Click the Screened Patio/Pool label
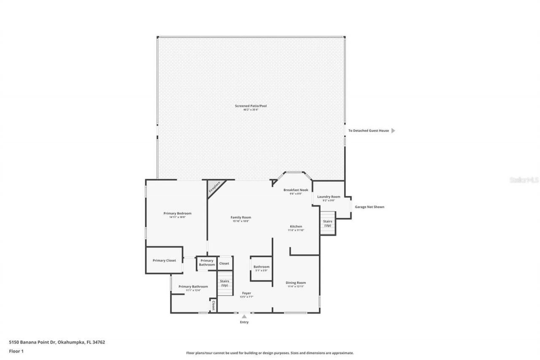251,106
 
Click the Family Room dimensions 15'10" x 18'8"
240,222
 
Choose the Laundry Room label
329,197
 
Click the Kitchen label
296,226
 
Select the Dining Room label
296,282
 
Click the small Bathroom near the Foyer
261,268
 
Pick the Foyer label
246,293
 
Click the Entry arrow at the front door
244,316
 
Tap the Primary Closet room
164,260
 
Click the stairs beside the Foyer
224,283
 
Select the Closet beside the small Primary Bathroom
224,263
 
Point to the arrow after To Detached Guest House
393,131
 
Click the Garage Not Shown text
369,207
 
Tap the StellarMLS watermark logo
524,180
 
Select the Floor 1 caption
16,351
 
